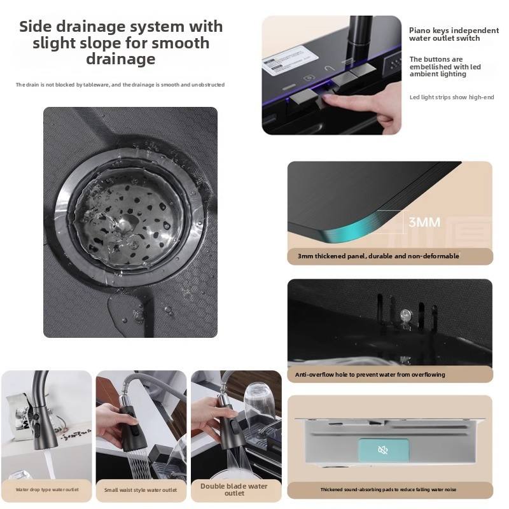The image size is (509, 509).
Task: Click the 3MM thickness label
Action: pyautogui.click(x=424, y=222)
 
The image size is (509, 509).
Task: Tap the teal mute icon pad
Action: pyautogui.click(x=384, y=450)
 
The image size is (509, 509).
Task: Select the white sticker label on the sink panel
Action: pyautogui.click(x=290, y=60)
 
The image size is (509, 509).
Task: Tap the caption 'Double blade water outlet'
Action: pyautogui.click(x=234, y=489)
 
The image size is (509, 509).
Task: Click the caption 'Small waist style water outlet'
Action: pyautogui.click(x=141, y=490)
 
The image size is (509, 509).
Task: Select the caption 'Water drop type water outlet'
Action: pyautogui.click(x=47, y=489)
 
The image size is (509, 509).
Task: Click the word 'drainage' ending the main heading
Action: pyautogui.click(x=121, y=59)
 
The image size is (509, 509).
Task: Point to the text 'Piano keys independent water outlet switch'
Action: pyautogui.click(x=454, y=34)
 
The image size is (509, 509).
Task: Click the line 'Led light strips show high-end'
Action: pyautogui.click(x=452, y=97)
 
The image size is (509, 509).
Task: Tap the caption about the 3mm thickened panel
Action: pyautogui.click(x=378, y=256)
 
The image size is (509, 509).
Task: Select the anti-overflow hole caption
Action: pyautogui.click(x=370, y=375)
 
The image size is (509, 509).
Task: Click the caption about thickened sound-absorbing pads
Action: pyautogui.click(x=388, y=489)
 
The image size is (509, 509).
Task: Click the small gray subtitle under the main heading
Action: pyautogui.click(x=120, y=85)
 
